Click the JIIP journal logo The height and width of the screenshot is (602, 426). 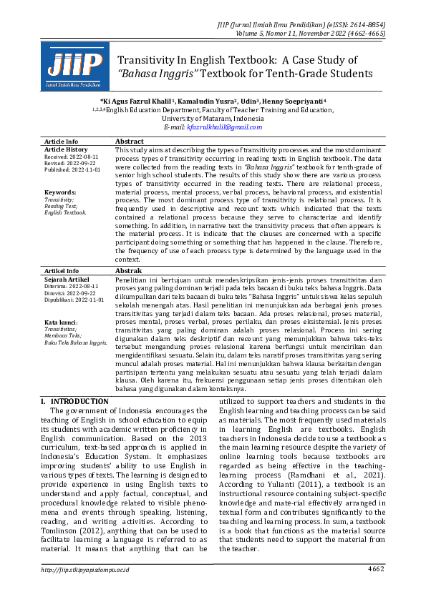69,66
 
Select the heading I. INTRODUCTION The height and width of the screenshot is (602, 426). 74,402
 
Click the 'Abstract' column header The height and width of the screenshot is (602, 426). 130,142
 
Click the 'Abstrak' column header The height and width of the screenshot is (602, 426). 129,272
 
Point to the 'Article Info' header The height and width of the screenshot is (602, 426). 62,142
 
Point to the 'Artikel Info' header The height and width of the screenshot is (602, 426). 62,272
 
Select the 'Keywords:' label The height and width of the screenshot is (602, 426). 60,192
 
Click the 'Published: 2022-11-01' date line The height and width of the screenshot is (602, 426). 72,170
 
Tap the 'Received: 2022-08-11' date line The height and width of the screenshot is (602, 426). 72,156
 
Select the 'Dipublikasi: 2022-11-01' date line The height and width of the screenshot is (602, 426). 75,300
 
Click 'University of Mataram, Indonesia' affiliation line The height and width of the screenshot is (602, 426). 213,118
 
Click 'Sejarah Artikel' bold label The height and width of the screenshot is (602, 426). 67,280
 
